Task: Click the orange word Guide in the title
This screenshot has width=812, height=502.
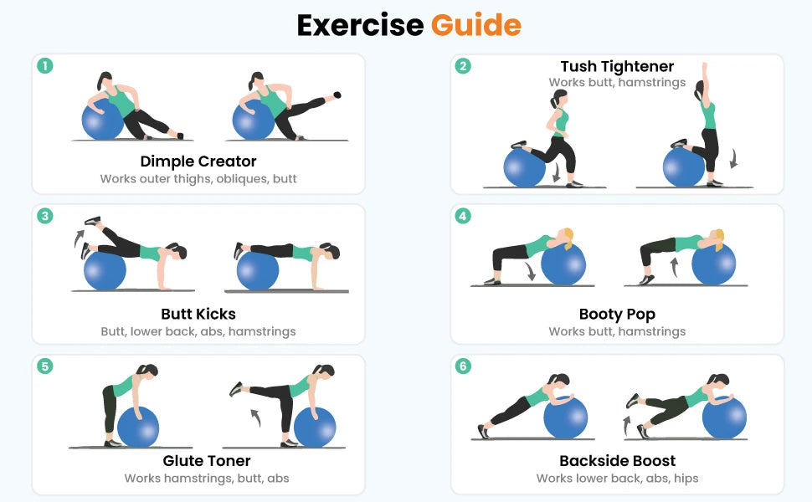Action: (x=476, y=25)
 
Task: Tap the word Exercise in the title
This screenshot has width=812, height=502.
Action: (x=360, y=25)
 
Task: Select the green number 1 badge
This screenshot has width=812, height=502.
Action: (x=45, y=66)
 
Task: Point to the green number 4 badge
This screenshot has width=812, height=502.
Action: (x=463, y=216)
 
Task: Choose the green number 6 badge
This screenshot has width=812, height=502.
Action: (x=463, y=366)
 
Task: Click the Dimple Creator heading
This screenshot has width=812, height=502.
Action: (x=198, y=161)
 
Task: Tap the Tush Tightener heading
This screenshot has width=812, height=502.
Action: (x=617, y=66)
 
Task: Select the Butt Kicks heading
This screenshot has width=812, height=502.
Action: (x=198, y=314)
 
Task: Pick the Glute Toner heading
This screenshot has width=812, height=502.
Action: (x=207, y=461)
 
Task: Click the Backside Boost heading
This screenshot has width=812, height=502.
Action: (x=617, y=461)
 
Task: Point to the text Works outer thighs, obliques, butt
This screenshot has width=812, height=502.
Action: (x=198, y=179)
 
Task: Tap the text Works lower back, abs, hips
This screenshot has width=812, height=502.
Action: (x=617, y=479)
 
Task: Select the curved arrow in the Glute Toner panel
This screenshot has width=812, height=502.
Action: (x=255, y=417)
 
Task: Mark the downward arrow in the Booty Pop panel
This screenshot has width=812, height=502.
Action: (x=530, y=272)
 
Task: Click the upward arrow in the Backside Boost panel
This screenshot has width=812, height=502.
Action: (x=627, y=425)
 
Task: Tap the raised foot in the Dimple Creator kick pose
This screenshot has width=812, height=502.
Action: (x=337, y=95)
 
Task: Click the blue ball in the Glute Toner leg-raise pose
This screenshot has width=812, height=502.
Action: (x=315, y=427)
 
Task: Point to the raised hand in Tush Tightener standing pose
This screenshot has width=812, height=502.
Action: (x=704, y=69)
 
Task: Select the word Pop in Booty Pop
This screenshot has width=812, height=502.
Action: (x=641, y=315)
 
